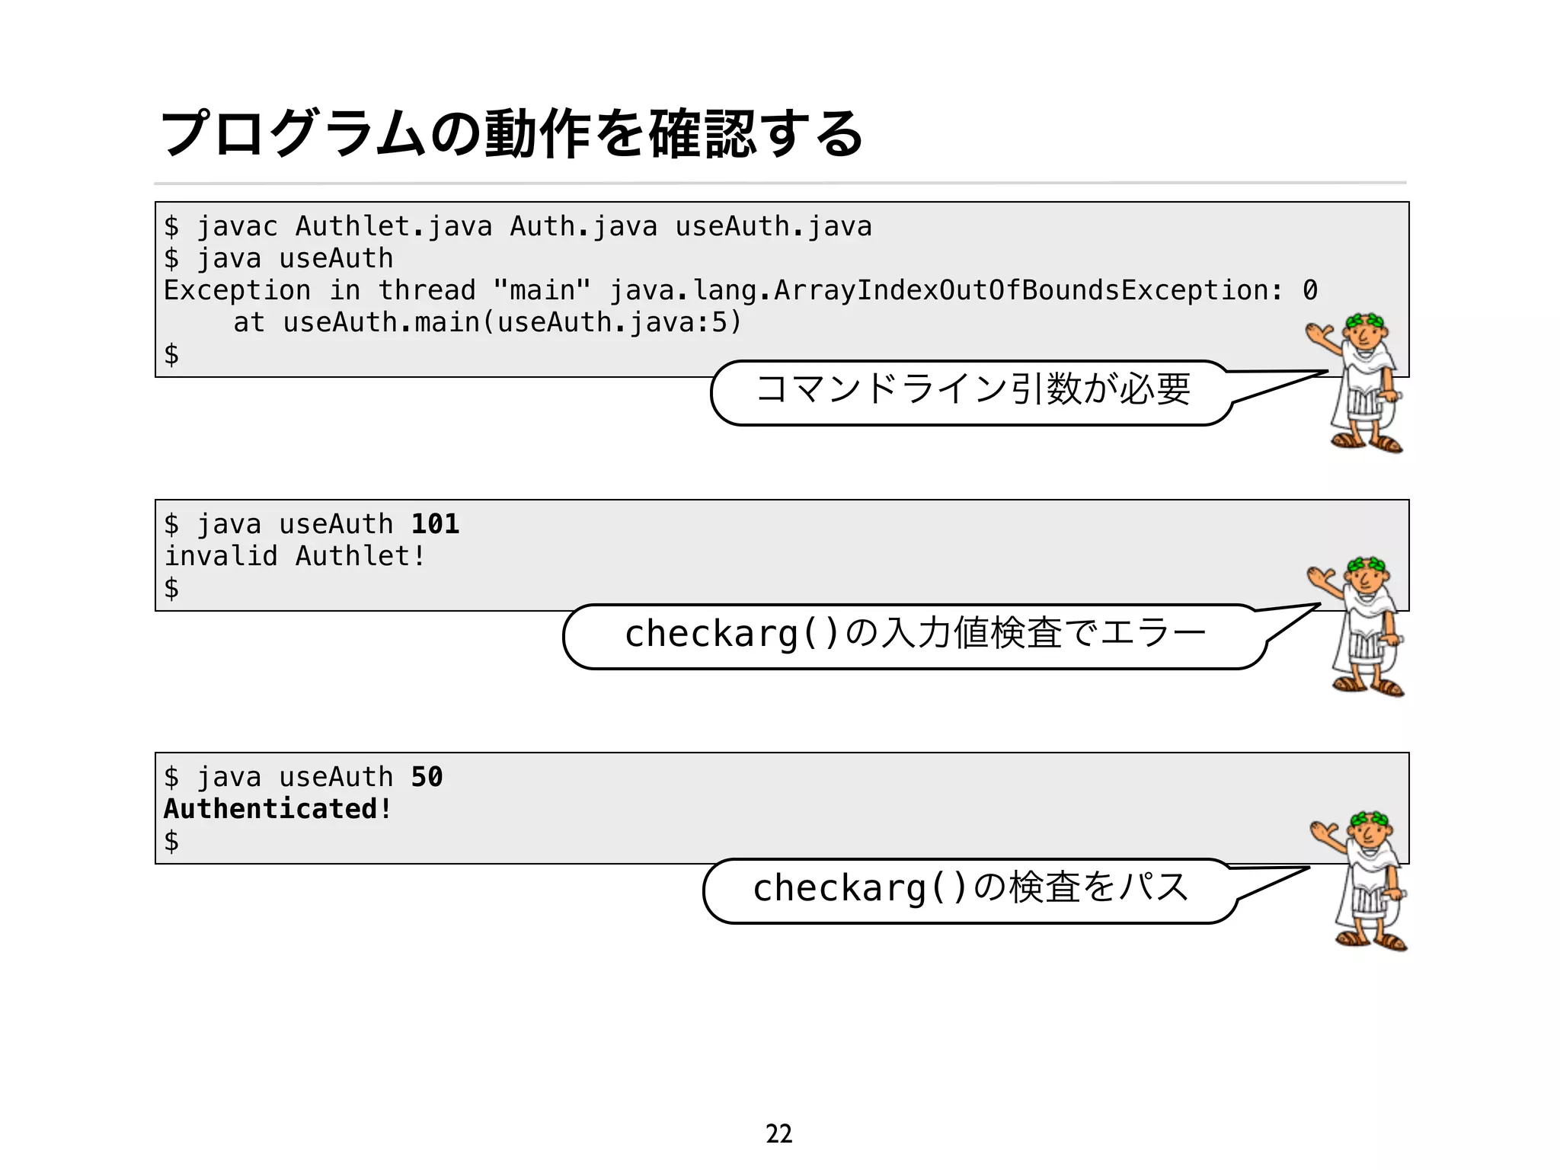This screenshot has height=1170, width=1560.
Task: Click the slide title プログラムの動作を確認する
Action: (x=512, y=134)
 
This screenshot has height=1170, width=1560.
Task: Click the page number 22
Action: (x=778, y=1133)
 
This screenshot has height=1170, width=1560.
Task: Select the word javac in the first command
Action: (x=237, y=227)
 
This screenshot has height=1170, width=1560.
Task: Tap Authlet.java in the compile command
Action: (x=393, y=227)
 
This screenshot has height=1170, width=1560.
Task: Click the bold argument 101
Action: (x=435, y=524)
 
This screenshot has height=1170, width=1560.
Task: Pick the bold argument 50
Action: (x=427, y=777)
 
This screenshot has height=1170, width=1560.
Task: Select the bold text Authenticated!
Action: (x=278, y=809)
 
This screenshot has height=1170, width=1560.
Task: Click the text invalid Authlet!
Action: (x=295, y=557)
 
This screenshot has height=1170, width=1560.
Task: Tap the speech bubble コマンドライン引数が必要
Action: (x=972, y=390)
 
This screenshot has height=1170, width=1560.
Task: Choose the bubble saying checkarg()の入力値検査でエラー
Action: (x=914, y=635)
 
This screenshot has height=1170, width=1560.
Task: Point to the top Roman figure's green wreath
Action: (x=1365, y=321)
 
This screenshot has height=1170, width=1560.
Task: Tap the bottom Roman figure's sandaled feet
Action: (x=1371, y=938)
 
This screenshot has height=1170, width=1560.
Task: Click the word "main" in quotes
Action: (x=542, y=291)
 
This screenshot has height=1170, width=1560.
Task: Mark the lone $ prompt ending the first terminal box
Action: (x=171, y=355)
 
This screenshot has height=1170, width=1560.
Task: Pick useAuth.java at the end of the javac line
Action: (x=773, y=227)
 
